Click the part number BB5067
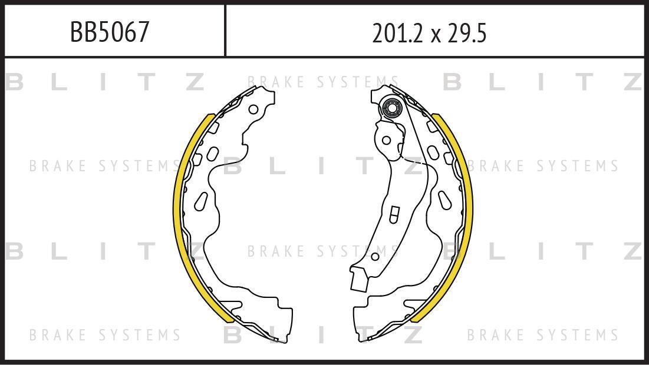[x=109, y=32]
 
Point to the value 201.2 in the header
[x=398, y=33]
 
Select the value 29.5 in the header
[x=466, y=33]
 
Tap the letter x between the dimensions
[x=435, y=35]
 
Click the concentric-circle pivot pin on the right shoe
[x=391, y=109]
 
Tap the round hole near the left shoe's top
[x=253, y=109]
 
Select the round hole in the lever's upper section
[x=386, y=140]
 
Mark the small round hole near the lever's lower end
[x=375, y=257]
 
